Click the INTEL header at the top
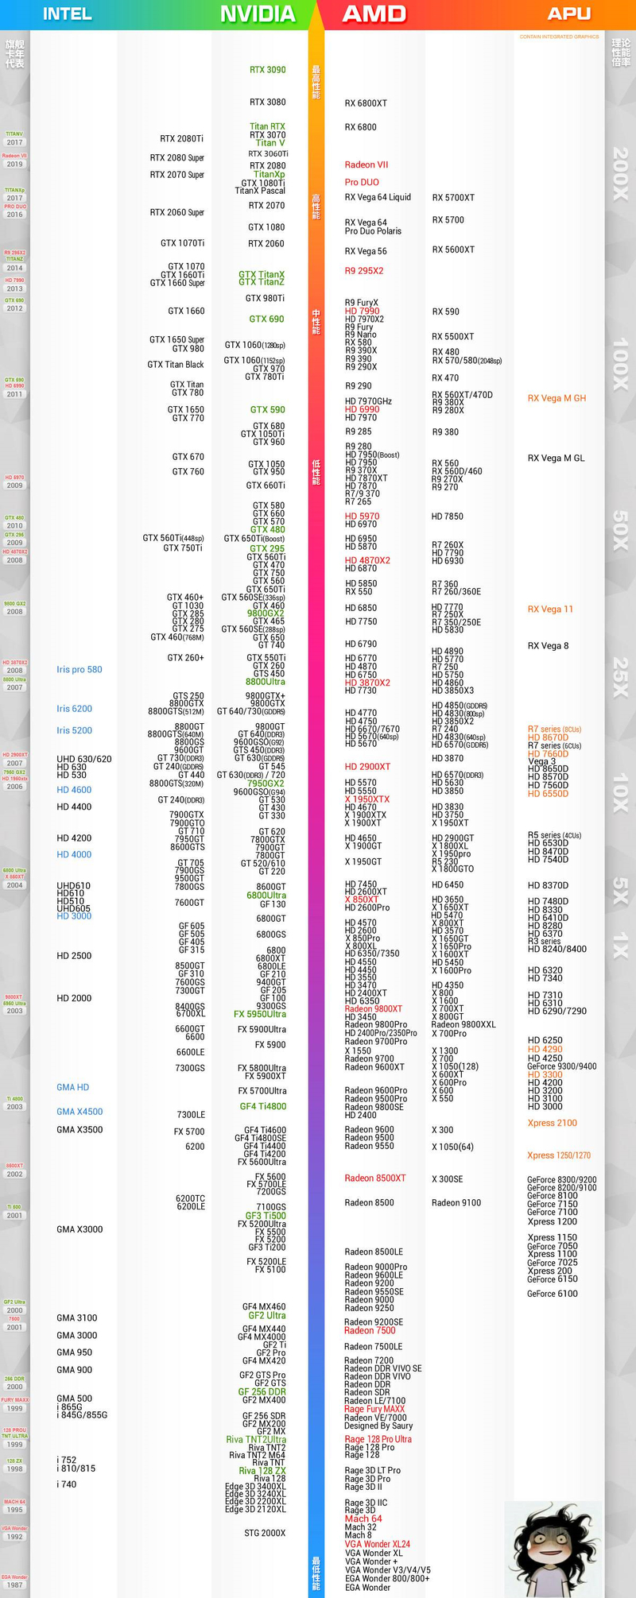coord(67,14)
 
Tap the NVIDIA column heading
coord(258,14)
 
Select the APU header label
coord(569,14)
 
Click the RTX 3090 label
coord(267,70)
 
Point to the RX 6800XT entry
coord(366,103)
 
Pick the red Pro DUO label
coord(362,182)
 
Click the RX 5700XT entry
coord(453,198)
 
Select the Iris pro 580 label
coord(79,670)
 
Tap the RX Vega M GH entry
coord(556,398)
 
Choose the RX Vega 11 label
coord(550,609)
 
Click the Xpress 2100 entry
coord(552,1123)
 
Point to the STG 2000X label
coord(265,1533)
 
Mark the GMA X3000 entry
coord(79,1229)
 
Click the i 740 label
coord(67,1484)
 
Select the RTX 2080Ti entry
coord(181,139)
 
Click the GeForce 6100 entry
coord(553,1294)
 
